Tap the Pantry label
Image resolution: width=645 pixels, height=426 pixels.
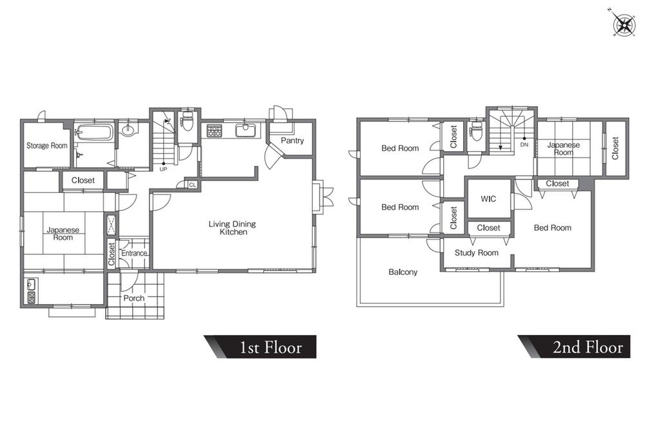pos(292,140)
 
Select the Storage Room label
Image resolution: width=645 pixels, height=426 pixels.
pos(47,145)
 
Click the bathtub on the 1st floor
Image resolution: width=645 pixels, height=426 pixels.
pos(94,132)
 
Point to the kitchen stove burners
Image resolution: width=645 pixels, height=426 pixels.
pos(214,131)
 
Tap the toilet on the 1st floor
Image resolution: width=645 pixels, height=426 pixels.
pos(187,121)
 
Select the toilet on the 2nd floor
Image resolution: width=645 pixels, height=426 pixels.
pos(477,131)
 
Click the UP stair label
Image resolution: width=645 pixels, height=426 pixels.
pos(163,169)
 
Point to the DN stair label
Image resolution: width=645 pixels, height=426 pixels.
pos(524,145)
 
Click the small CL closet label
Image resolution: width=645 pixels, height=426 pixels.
pos(192,185)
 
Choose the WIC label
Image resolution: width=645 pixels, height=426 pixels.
pos(488,199)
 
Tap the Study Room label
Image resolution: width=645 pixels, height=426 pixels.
pos(477,253)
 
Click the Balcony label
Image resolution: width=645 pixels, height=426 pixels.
pos(402,272)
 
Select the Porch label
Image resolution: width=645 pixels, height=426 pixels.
pos(134,298)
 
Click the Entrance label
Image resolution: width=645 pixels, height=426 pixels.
pos(134,253)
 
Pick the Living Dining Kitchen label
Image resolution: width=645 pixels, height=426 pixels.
pos(232,228)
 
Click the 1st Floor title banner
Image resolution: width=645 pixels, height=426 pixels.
pos(261,347)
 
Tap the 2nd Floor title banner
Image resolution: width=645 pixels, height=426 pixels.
pos(574,347)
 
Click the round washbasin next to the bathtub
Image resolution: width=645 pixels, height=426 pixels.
pos(128,130)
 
